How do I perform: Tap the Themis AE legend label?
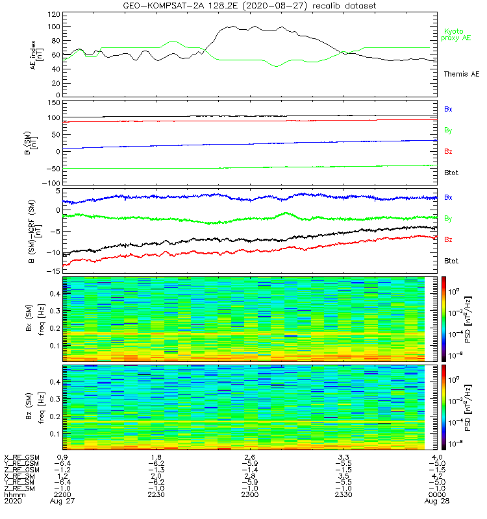tap(461, 75)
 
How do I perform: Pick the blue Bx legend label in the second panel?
tap(449, 110)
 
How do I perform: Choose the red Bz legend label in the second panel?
tap(449, 152)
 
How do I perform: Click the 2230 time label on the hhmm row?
tap(156, 495)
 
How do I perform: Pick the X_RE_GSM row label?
tap(21, 457)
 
